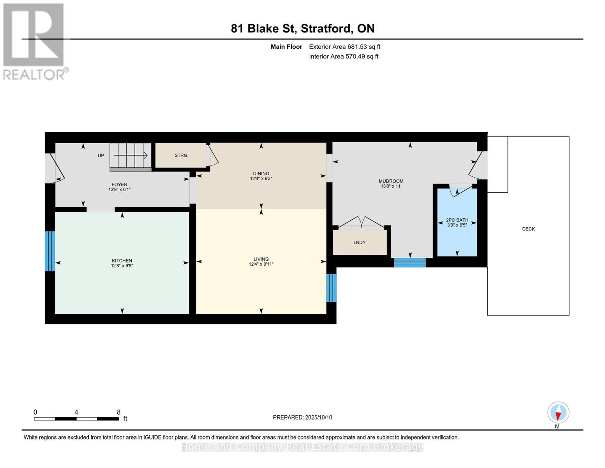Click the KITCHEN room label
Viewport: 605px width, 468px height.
click(122, 261)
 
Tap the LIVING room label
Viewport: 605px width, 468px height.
click(261, 259)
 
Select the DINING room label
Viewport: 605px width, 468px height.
click(261, 174)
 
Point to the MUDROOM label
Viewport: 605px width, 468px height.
click(391, 181)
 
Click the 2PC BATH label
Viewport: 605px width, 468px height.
click(457, 220)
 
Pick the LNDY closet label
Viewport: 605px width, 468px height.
click(359, 243)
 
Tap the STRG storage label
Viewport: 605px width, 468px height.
click(181, 155)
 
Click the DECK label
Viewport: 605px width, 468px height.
click(528, 229)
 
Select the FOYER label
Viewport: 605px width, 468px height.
click(119, 184)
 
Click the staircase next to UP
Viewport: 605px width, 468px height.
click(130, 157)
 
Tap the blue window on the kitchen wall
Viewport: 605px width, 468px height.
click(50, 251)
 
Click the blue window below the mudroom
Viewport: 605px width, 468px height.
click(409, 262)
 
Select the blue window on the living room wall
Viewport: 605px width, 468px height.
click(331, 288)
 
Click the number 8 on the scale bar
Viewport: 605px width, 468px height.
click(118, 412)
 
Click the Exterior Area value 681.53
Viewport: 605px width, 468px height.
click(358, 47)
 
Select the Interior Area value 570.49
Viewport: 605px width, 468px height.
click(356, 57)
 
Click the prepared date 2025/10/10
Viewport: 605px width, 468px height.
click(319, 417)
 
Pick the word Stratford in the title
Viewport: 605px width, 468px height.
click(326, 28)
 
